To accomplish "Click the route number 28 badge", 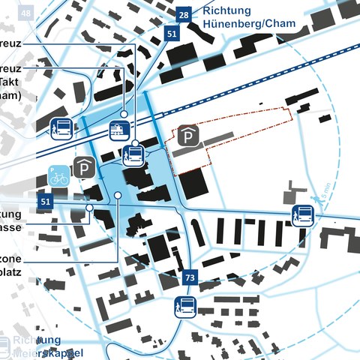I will (x=183, y=14).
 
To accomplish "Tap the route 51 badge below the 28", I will (x=172, y=34).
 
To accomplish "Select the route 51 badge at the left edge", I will (x=46, y=201).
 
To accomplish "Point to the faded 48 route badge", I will (x=27, y=14).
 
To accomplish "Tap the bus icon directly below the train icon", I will (x=134, y=154).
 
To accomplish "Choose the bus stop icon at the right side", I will (x=303, y=217).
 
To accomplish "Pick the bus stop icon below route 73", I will (x=185, y=307).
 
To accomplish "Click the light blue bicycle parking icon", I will (x=59, y=175).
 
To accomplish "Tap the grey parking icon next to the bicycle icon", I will (x=82, y=168).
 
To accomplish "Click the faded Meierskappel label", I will (x=49, y=352).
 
